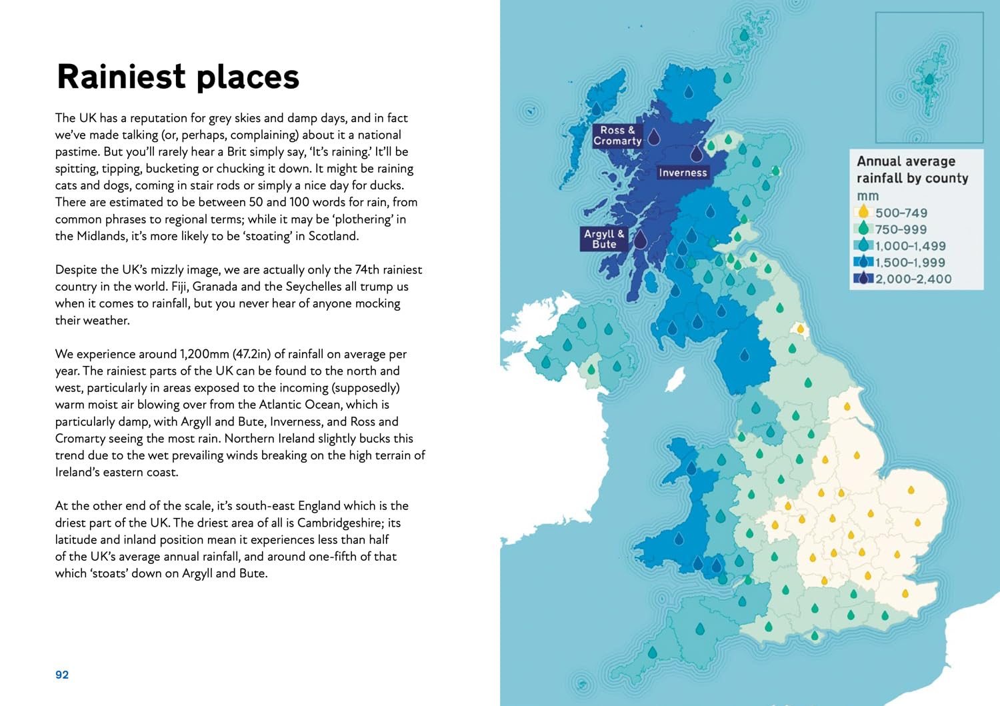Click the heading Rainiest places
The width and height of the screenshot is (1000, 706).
[178, 77]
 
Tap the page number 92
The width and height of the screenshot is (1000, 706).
[62, 675]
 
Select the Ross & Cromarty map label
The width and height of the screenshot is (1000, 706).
[617, 135]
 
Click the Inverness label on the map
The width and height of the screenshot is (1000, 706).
[682, 173]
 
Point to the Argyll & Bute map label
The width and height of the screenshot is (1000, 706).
[604, 239]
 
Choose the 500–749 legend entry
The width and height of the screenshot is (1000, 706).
[901, 213]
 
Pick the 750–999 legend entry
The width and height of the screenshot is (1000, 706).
[901, 229]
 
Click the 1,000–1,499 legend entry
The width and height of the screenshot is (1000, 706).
[910, 246]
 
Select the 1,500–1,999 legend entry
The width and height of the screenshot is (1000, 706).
[910, 263]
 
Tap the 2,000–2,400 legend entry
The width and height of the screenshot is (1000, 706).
[913, 279]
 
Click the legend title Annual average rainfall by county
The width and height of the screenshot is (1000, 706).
[911, 169]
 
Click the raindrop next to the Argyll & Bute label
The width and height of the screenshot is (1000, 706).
[640, 239]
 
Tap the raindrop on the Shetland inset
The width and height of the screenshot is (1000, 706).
[929, 80]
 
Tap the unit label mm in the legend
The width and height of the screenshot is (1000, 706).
[867, 196]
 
